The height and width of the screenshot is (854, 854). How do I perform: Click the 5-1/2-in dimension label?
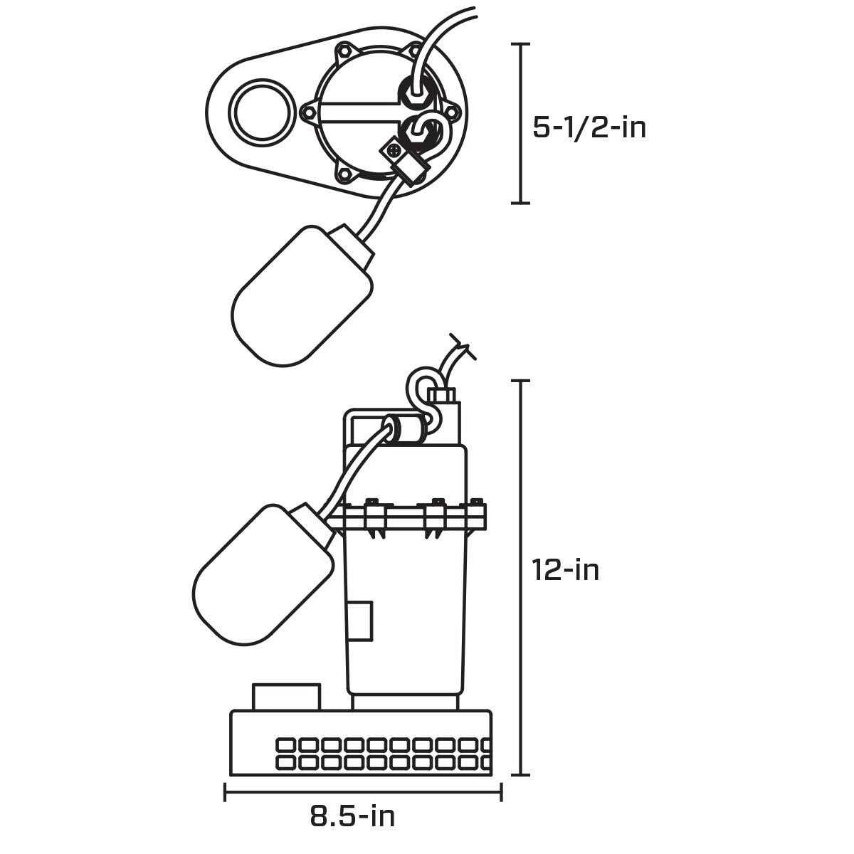point(589,128)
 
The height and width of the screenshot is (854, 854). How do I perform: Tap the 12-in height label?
point(566,570)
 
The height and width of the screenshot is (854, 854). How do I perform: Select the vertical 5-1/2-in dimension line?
point(522,124)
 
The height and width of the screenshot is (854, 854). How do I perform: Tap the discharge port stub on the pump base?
point(286,697)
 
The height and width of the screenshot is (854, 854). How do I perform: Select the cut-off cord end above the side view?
point(460,352)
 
